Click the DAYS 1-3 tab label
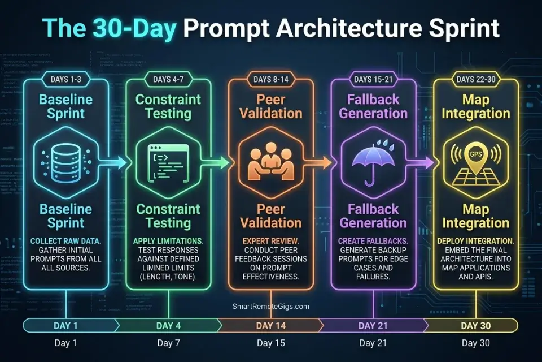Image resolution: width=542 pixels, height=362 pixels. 66,79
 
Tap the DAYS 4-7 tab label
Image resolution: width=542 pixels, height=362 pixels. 168,79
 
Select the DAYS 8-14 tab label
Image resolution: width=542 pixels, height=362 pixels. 270,79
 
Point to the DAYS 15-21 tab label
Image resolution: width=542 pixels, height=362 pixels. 373,79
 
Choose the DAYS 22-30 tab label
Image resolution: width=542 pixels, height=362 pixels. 475,79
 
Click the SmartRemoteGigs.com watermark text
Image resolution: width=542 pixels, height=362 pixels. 270,306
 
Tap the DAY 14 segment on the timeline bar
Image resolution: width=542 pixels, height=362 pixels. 270,325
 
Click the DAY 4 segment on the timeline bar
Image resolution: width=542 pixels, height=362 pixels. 168,325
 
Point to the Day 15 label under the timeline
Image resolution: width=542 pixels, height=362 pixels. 270,343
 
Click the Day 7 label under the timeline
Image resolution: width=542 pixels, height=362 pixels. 168,343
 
